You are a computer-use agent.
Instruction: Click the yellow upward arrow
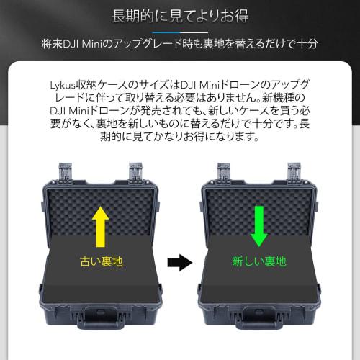click(101, 222)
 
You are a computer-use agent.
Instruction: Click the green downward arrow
click(258, 222)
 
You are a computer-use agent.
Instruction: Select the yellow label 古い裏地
click(101, 261)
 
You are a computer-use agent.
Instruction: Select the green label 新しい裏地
click(258, 261)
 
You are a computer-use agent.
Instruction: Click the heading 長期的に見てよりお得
click(179, 15)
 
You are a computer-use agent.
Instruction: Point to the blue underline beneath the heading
click(179, 32)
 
